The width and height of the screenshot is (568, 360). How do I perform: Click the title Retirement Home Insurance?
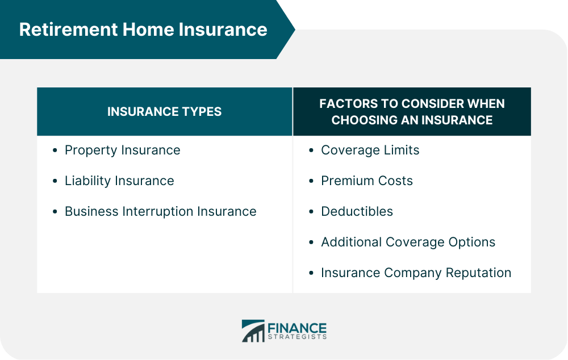click(143, 30)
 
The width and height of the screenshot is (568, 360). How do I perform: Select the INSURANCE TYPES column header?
click(164, 112)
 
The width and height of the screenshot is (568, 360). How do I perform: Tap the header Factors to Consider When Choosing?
click(412, 112)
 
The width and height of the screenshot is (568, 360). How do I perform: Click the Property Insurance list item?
click(122, 150)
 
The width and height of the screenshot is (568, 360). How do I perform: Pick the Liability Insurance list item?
click(119, 181)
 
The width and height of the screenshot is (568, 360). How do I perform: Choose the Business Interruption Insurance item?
click(160, 212)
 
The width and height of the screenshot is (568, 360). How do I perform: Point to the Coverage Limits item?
click(370, 150)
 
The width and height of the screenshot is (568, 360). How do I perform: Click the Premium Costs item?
click(366, 181)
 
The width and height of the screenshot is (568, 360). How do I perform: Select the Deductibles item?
click(357, 212)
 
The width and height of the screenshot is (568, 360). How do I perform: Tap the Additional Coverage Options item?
click(408, 242)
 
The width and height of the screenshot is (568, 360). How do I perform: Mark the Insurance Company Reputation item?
click(416, 273)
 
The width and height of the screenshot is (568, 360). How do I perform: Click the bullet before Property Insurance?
click(55, 151)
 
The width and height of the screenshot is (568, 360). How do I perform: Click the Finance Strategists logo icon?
click(253, 331)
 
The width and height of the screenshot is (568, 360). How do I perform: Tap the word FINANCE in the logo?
click(297, 328)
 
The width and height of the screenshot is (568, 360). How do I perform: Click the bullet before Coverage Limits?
click(311, 151)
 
